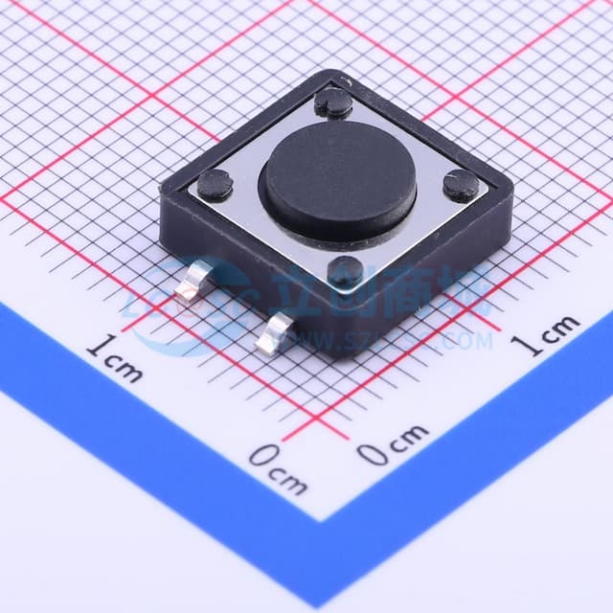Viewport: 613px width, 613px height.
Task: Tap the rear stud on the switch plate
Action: tap(333, 102)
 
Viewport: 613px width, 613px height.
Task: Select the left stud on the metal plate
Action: tap(216, 181)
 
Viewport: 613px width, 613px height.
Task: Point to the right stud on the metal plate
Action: tap(460, 184)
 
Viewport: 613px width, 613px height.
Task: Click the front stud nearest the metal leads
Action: tap(345, 272)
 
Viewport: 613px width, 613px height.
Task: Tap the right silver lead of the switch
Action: tap(278, 332)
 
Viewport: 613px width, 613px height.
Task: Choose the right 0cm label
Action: tap(394, 443)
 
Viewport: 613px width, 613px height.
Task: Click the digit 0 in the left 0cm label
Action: tap(261, 457)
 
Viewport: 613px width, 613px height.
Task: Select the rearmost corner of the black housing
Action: tap(331, 71)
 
